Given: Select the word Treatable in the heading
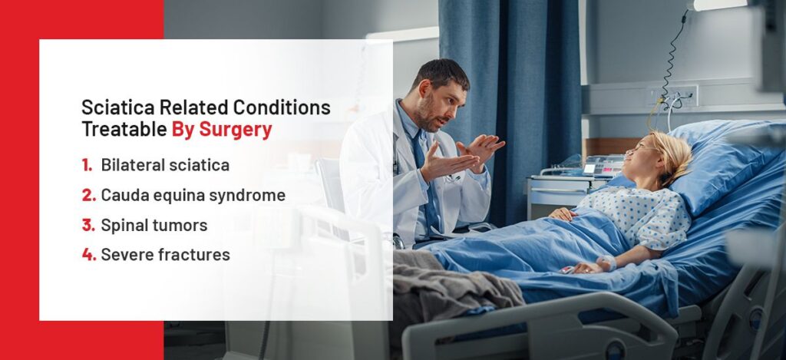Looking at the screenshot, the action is [124, 130].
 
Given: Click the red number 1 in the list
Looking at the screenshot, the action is [88, 165].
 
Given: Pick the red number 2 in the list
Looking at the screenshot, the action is [89, 195].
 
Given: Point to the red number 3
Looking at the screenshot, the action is [89, 225].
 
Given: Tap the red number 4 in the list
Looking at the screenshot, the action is [89, 255].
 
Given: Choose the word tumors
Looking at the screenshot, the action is [183, 225].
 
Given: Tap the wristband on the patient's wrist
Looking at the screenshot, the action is [606, 263].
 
